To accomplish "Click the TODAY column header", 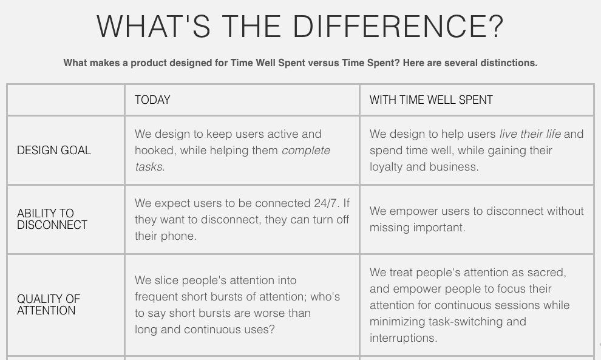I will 152,100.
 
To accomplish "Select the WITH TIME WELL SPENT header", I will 431,100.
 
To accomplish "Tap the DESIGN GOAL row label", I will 54,151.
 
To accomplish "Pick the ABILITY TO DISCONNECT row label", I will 52,219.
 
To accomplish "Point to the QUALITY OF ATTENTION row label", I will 49,305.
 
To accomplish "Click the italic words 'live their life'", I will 529,134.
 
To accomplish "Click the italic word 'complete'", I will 306,151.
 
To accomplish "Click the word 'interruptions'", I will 403,338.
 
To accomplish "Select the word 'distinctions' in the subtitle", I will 508,63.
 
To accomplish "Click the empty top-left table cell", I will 66,100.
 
